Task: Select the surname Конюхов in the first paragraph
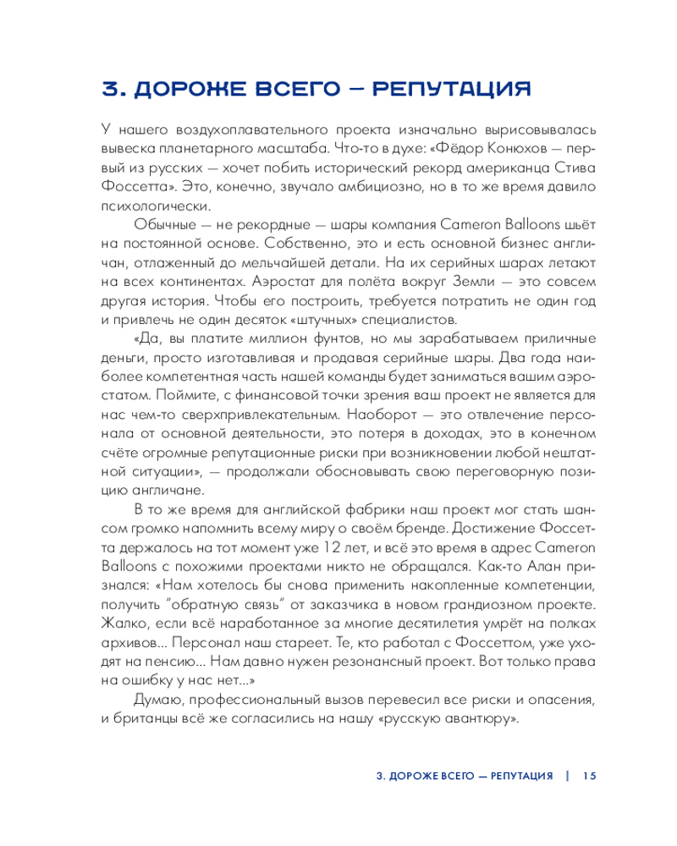[482, 148]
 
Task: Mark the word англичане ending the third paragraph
[166, 490]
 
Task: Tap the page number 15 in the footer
[589, 776]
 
